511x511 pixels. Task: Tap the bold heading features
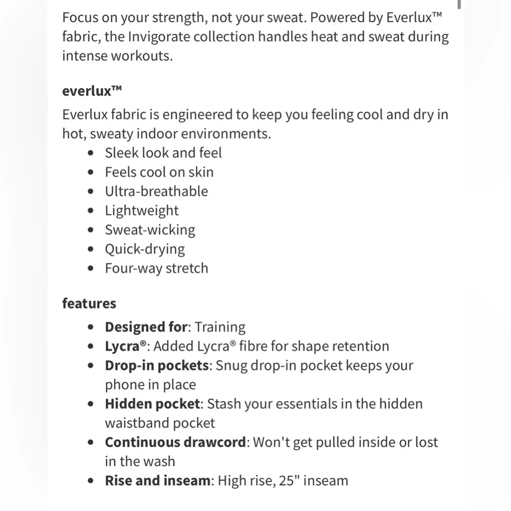89,303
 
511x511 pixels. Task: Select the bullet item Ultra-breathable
156,191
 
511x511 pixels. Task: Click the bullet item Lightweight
142,211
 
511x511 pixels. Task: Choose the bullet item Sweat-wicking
150,230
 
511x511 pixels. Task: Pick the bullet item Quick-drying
145,249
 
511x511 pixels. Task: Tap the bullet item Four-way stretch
156,268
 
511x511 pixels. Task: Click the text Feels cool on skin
159,172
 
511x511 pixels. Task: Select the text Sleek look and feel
163,153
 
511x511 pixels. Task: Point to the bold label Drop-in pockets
157,365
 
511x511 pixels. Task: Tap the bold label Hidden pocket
152,404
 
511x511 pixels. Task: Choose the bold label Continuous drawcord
175,442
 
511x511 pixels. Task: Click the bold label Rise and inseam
157,480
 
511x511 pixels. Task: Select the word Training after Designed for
220,327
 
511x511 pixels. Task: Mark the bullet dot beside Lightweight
91,211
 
